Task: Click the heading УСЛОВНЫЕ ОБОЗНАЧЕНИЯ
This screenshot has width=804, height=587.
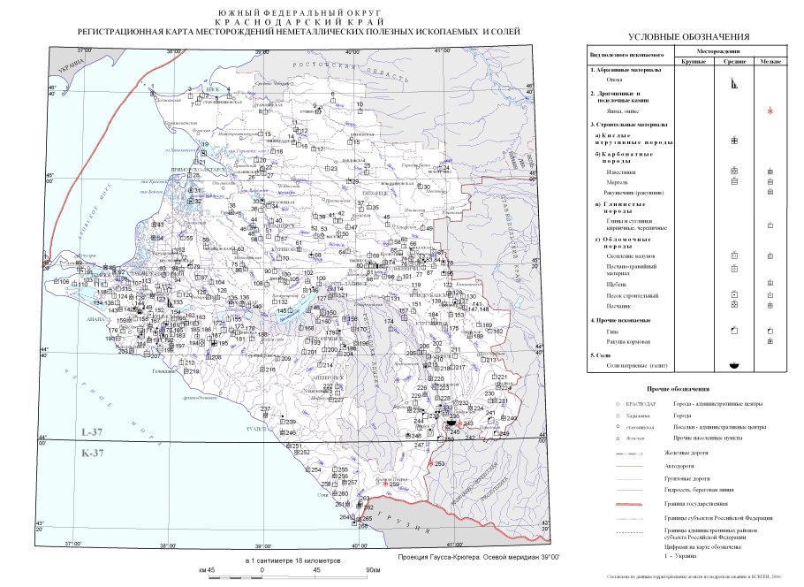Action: coord(688,36)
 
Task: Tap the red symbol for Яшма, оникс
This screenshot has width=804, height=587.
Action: coord(770,111)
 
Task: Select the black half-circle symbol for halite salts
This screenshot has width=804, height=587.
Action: coord(733,365)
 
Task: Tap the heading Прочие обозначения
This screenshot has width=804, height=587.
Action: coord(678,388)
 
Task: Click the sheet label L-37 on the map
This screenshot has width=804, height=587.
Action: coord(92,433)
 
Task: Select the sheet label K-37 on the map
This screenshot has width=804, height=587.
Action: coord(92,454)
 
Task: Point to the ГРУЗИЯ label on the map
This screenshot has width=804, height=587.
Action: coord(386,517)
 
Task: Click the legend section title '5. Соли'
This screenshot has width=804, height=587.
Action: coord(603,354)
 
